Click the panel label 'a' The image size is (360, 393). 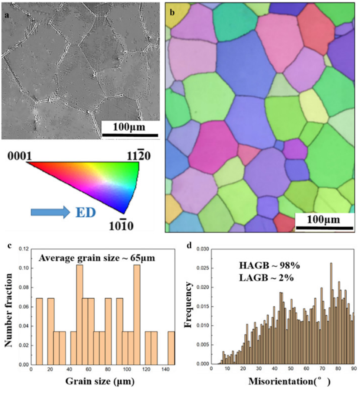(7, 15)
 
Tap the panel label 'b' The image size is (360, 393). (172, 12)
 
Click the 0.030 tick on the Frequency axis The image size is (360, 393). (201, 249)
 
